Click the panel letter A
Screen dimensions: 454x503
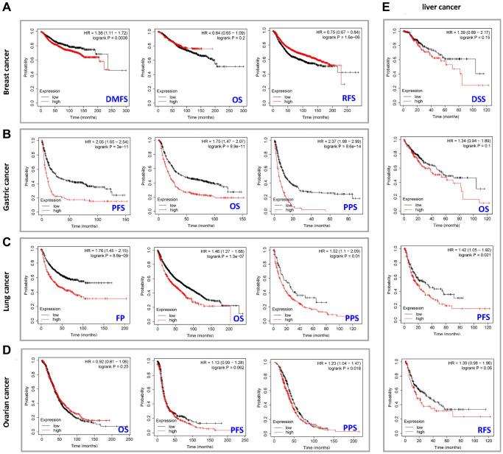(7, 7)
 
